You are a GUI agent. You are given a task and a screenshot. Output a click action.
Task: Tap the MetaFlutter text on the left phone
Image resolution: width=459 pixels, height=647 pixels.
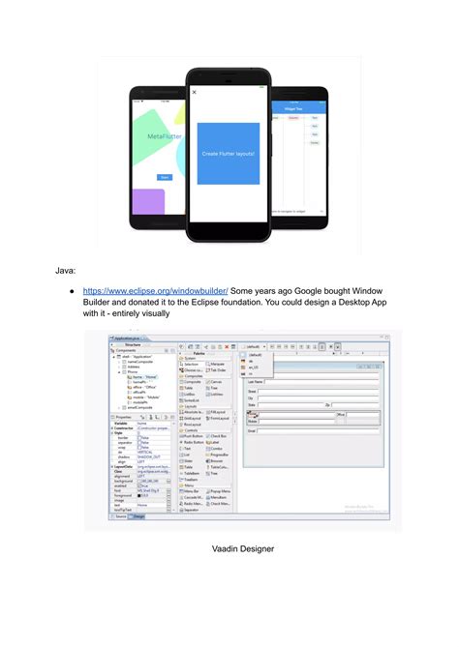[x=164, y=137]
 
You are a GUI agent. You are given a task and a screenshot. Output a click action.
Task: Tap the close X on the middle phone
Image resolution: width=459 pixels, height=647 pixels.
[x=195, y=93]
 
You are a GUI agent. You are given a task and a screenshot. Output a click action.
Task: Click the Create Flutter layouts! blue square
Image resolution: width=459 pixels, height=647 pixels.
[x=229, y=154]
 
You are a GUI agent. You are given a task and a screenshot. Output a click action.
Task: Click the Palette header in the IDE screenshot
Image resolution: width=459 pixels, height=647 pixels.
[x=198, y=355]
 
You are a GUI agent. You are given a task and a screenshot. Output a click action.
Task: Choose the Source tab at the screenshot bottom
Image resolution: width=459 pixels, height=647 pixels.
[x=121, y=517]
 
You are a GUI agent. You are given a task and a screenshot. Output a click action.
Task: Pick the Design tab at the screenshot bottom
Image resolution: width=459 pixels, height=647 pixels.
[x=138, y=517]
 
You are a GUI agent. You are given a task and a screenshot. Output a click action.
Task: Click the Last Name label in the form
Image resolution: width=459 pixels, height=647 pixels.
[x=257, y=382]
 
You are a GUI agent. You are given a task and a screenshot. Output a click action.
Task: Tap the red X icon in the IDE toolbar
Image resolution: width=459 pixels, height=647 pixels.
[x=226, y=345]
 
